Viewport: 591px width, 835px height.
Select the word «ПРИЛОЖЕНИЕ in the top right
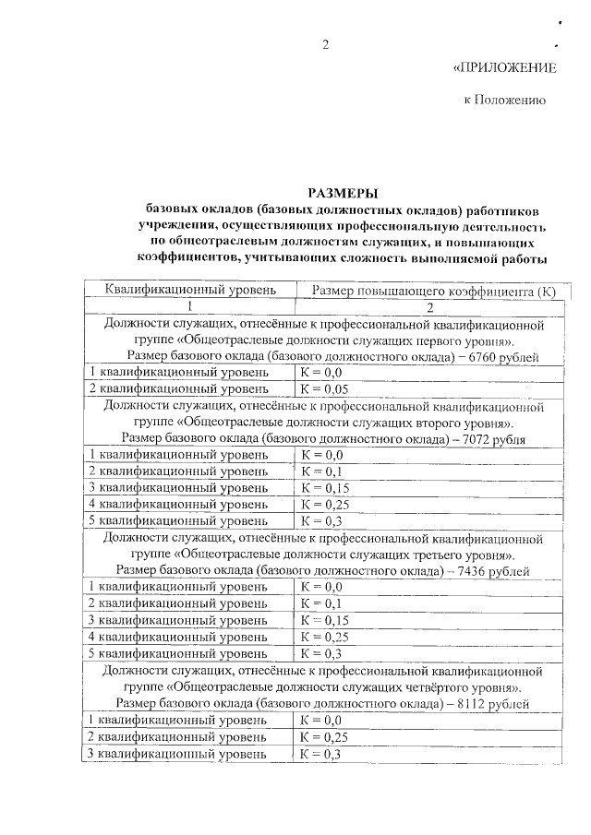(x=505, y=68)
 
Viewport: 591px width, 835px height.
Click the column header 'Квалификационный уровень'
(x=190, y=291)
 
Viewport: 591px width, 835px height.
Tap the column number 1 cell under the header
(x=190, y=307)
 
